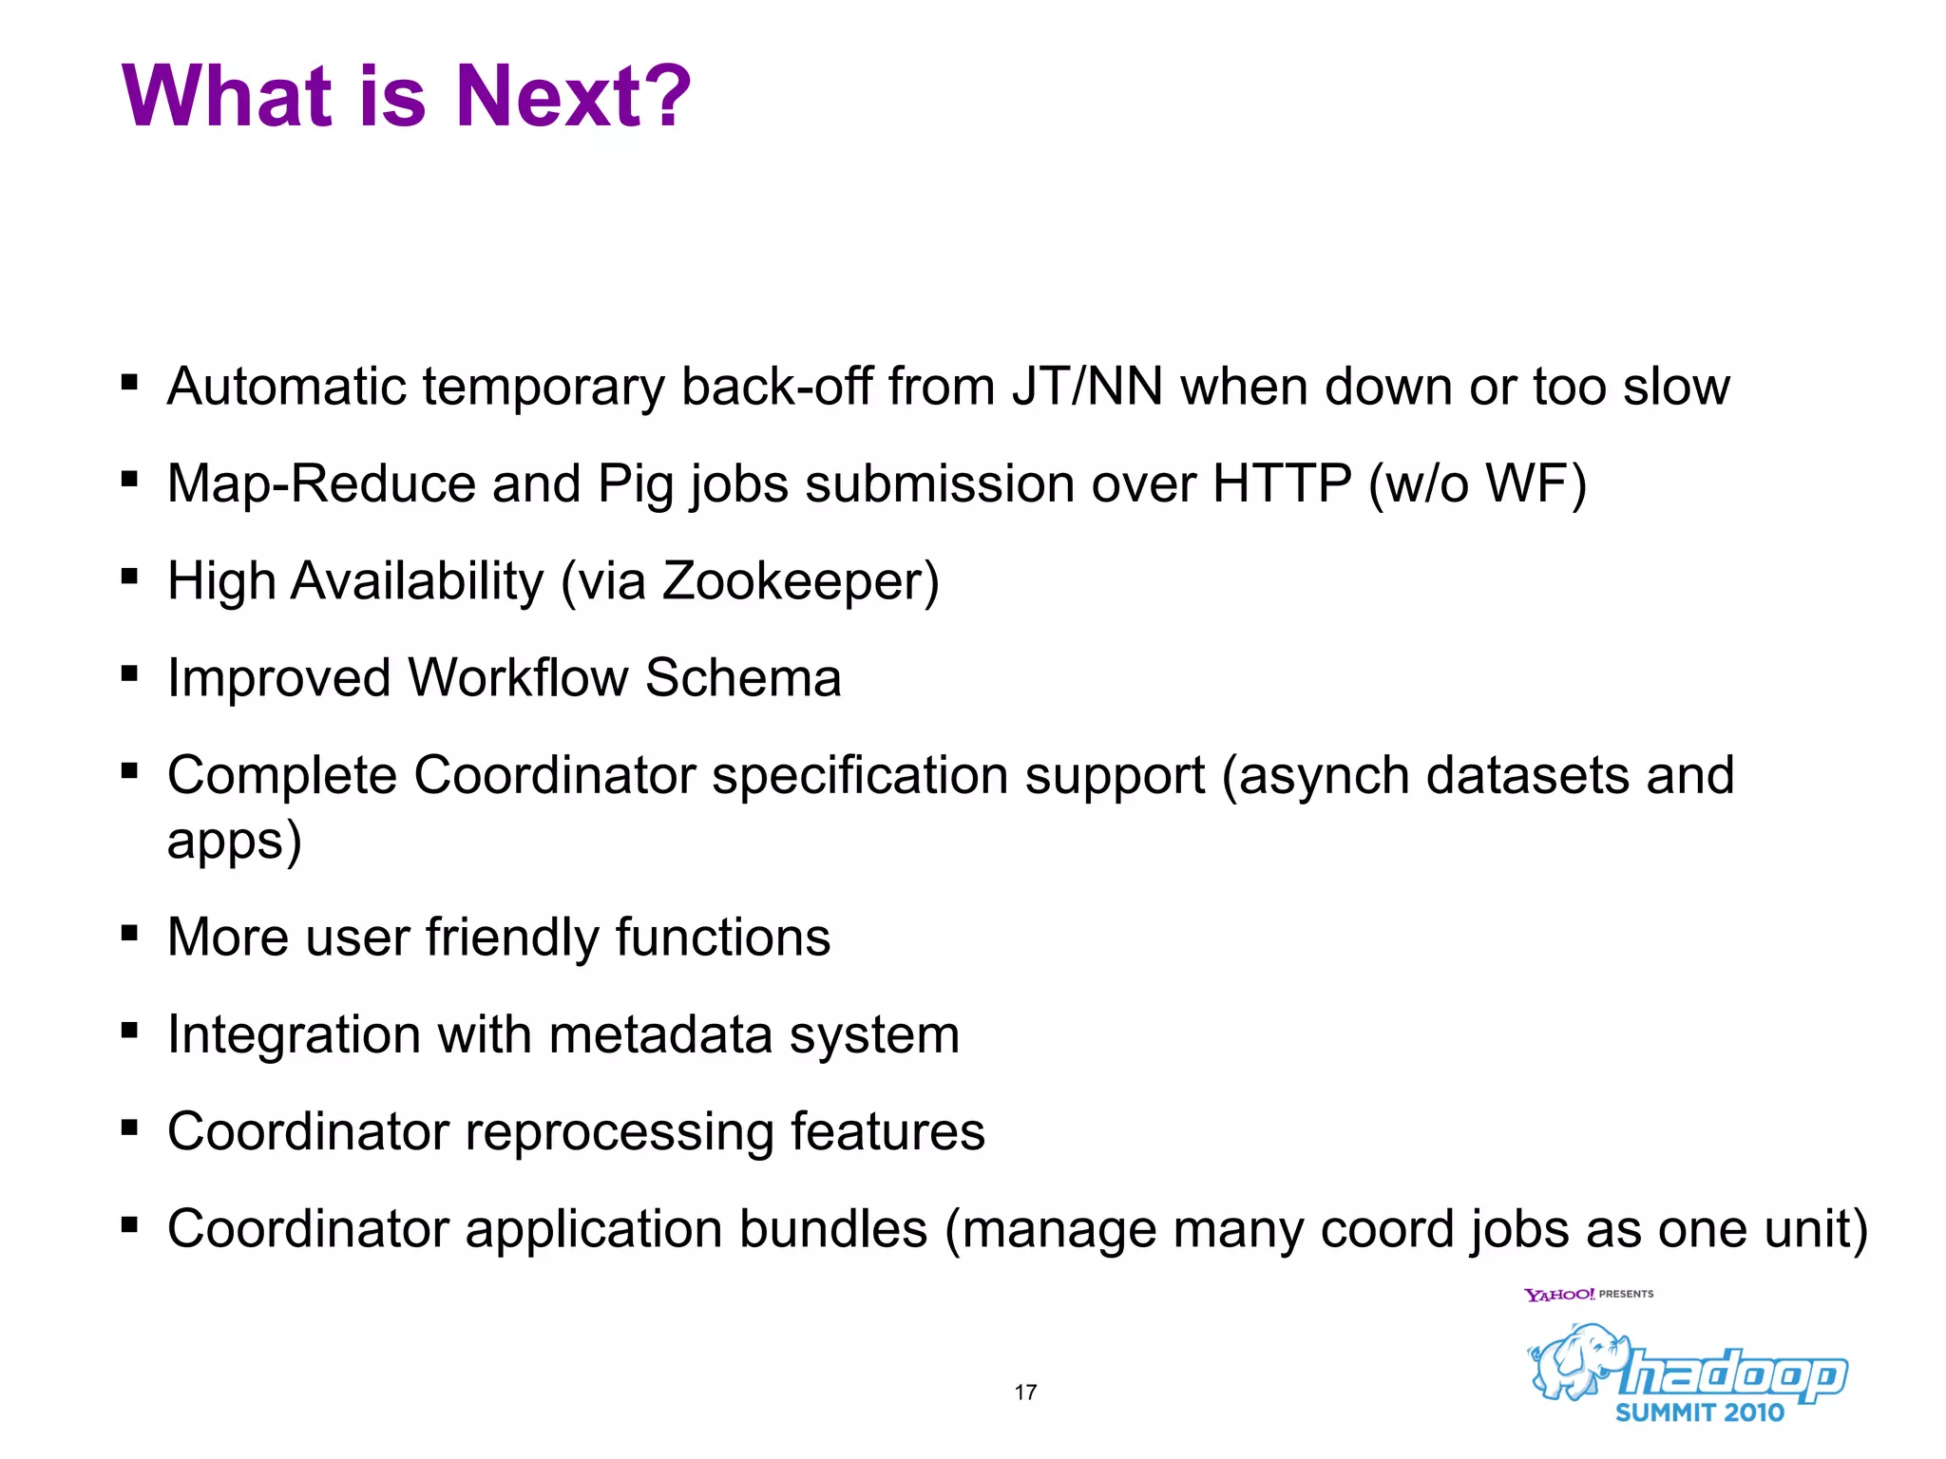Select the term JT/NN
[x=1087, y=387]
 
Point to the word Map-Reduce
[x=321, y=483]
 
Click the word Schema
[x=742, y=678]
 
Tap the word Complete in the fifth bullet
[x=281, y=775]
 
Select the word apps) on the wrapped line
[x=234, y=841]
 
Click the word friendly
[x=511, y=938]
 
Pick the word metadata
[x=660, y=1034]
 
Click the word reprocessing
[x=619, y=1132]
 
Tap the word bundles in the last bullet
[x=832, y=1229]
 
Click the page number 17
[x=1025, y=1393]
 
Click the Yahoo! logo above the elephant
[x=1558, y=1295]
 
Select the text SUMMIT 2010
[x=1700, y=1412]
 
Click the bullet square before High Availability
[x=130, y=576]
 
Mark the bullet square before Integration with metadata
[x=130, y=1030]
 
